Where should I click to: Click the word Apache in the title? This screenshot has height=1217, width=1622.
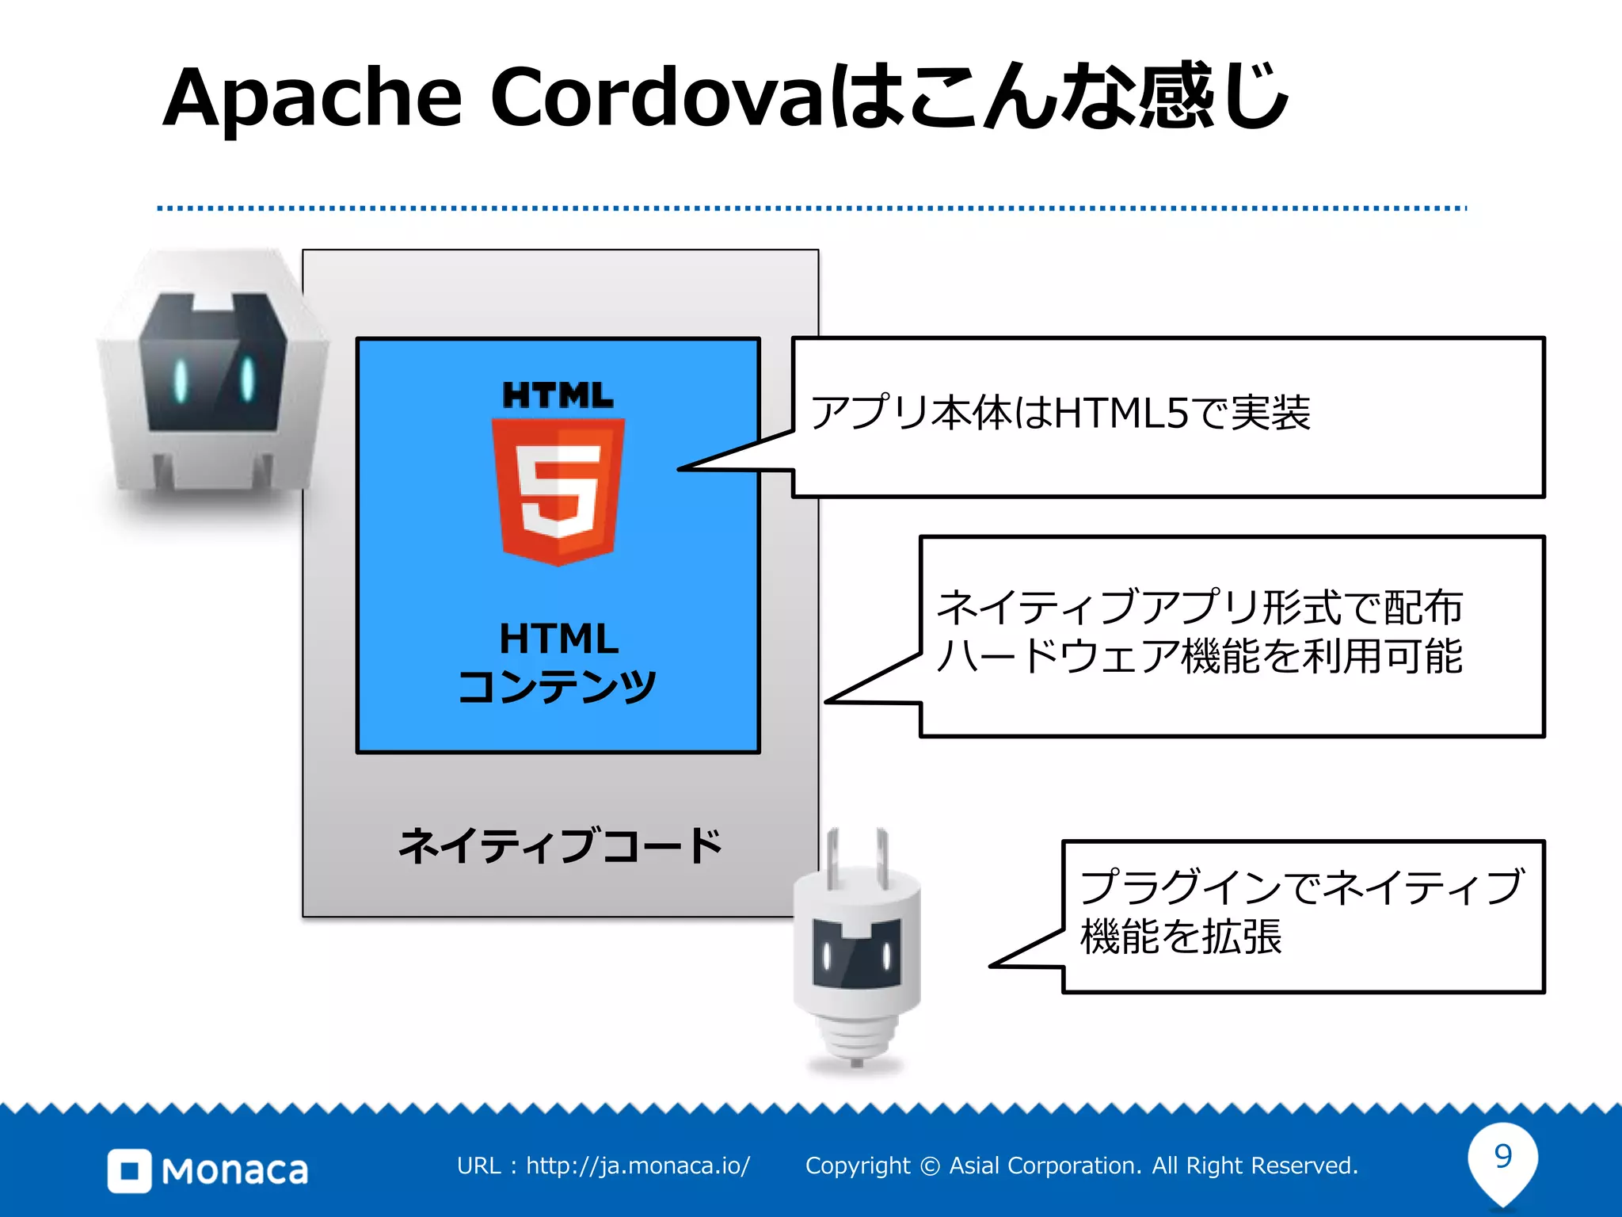click(312, 98)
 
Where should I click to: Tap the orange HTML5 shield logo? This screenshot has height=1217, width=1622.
click(558, 491)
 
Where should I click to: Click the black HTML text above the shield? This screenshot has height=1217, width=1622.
click(558, 395)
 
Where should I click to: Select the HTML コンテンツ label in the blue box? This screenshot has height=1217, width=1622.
click(558, 662)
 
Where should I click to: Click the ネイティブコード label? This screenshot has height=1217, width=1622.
click(560, 845)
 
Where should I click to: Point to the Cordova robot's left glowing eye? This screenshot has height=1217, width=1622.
click(181, 380)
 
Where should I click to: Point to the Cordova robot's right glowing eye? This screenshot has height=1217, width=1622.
click(247, 378)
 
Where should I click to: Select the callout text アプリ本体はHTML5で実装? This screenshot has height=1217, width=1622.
click(1060, 413)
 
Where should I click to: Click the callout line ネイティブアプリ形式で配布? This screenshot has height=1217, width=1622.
click(1199, 608)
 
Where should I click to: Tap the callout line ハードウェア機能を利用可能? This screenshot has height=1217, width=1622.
click(1199, 656)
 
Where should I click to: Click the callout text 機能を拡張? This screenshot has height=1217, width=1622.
click(1180, 937)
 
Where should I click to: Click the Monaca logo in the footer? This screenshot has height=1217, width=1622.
click(208, 1169)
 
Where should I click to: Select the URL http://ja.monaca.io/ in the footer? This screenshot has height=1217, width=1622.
click(638, 1165)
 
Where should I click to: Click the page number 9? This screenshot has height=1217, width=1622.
click(1502, 1156)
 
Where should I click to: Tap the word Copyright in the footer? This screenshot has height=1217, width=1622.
click(858, 1165)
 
